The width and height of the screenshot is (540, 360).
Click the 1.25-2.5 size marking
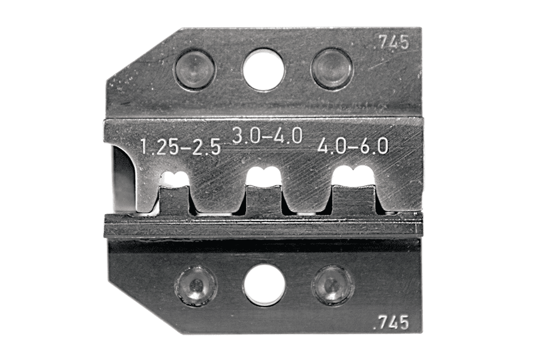pyautogui.click(x=181, y=148)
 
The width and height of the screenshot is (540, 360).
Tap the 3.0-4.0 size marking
pyautogui.click(x=267, y=135)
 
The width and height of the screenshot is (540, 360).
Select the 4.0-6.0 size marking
pyautogui.click(x=353, y=145)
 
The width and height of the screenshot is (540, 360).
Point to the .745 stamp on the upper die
pyautogui.click(x=393, y=43)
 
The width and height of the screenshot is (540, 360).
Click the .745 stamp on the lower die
pyautogui.click(x=393, y=322)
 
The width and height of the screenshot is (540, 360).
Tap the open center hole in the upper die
pyautogui.click(x=264, y=70)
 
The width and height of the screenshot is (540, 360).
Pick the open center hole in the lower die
pyautogui.click(x=265, y=285)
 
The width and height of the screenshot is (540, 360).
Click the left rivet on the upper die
pyautogui.click(x=195, y=70)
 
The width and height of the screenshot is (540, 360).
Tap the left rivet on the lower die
pyautogui.click(x=196, y=286)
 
